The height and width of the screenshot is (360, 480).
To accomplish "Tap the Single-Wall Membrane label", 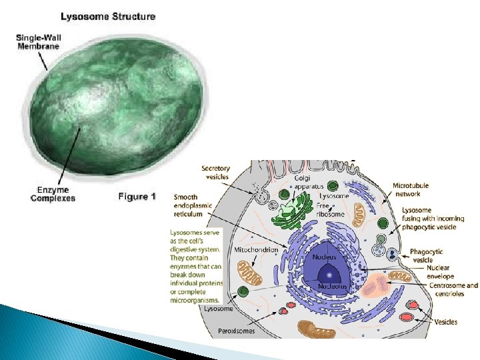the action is [39, 41].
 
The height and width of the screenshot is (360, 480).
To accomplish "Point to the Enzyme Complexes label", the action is [53, 194].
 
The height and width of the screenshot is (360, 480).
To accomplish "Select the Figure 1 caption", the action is [137, 197].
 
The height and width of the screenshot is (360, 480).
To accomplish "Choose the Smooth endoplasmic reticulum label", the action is [193, 205].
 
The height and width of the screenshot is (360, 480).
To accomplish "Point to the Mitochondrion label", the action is [257, 249].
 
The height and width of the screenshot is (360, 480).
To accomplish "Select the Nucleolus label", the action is [332, 286].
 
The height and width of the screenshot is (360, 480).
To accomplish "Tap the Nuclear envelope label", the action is [440, 272].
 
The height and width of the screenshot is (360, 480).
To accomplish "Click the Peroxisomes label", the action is [236, 331].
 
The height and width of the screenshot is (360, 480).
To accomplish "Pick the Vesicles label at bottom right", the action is [446, 322].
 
